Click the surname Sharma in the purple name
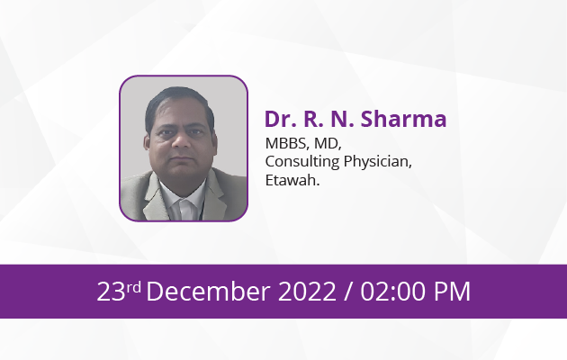tap(403, 119)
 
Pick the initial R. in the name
tap(313, 119)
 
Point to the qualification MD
tap(328, 143)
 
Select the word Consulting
tap(302, 162)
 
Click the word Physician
tap(377, 162)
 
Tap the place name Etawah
tap(292, 180)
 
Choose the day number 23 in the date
tap(111, 292)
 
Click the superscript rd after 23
tap(134, 287)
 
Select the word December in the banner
tap(208, 291)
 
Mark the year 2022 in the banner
tap(307, 292)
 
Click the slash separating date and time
tap(348, 292)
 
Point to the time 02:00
tap(393, 292)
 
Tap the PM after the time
tap(452, 292)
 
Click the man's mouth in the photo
tap(182, 158)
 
